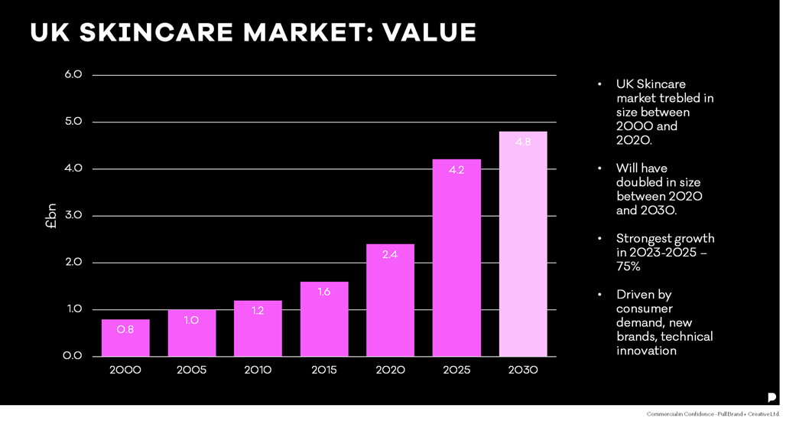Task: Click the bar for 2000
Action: pyautogui.click(x=125, y=338)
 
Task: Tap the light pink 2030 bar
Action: pyautogui.click(x=523, y=244)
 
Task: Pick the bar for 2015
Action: pyautogui.click(x=324, y=319)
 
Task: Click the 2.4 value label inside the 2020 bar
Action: pyautogui.click(x=390, y=254)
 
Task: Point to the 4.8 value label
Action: pyautogui.click(x=523, y=142)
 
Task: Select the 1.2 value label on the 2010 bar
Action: pyautogui.click(x=258, y=311)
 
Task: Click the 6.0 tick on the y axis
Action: pyautogui.click(x=73, y=74)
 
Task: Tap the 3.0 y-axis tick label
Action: pyautogui.click(x=73, y=215)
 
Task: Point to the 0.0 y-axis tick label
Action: pyautogui.click(x=73, y=356)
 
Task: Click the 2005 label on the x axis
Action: pyautogui.click(x=191, y=371)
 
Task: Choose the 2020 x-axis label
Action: pyautogui.click(x=390, y=371)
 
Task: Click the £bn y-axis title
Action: pyautogui.click(x=51, y=216)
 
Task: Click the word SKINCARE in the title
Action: pyautogui.click(x=157, y=33)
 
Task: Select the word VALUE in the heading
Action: pyautogui.click(x=429, y=33)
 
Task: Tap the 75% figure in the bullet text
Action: pyautogui.click(x=628, y=266)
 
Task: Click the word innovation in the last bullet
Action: pyautogui.click(x=646, y=351)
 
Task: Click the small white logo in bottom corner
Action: pyautogui.click(x=771, y=397)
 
